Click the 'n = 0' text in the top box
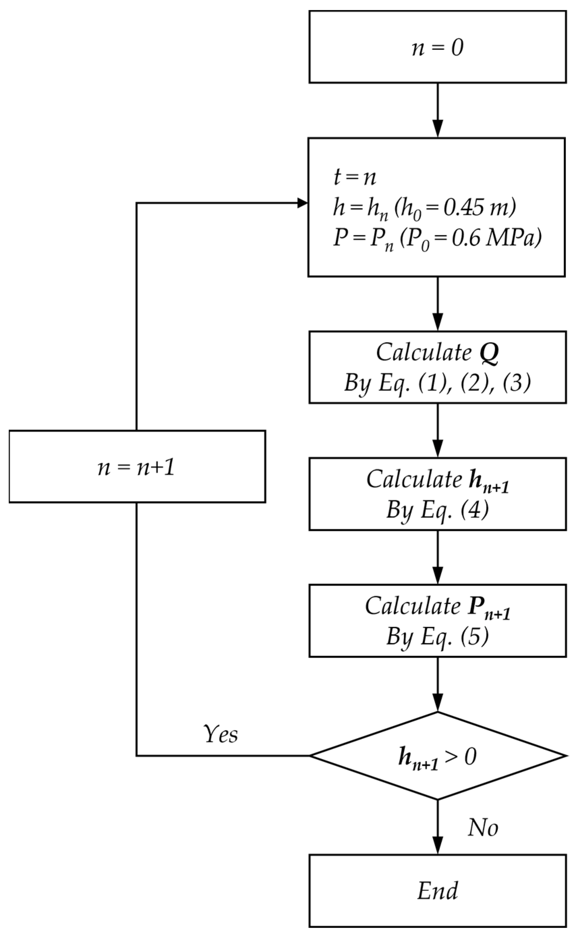coord(437,49)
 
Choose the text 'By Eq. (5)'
coord(437,636)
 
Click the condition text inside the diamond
coord(437,756)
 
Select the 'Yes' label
coord(221,734)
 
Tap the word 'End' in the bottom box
coord(437,891)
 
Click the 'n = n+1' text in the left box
coord(137,468)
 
